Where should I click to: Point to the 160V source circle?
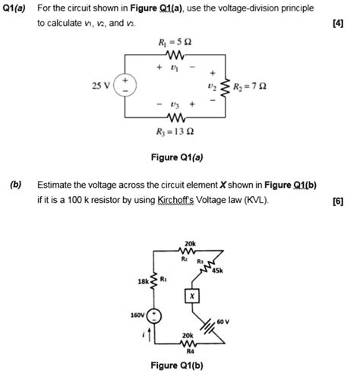pos(155,315)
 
